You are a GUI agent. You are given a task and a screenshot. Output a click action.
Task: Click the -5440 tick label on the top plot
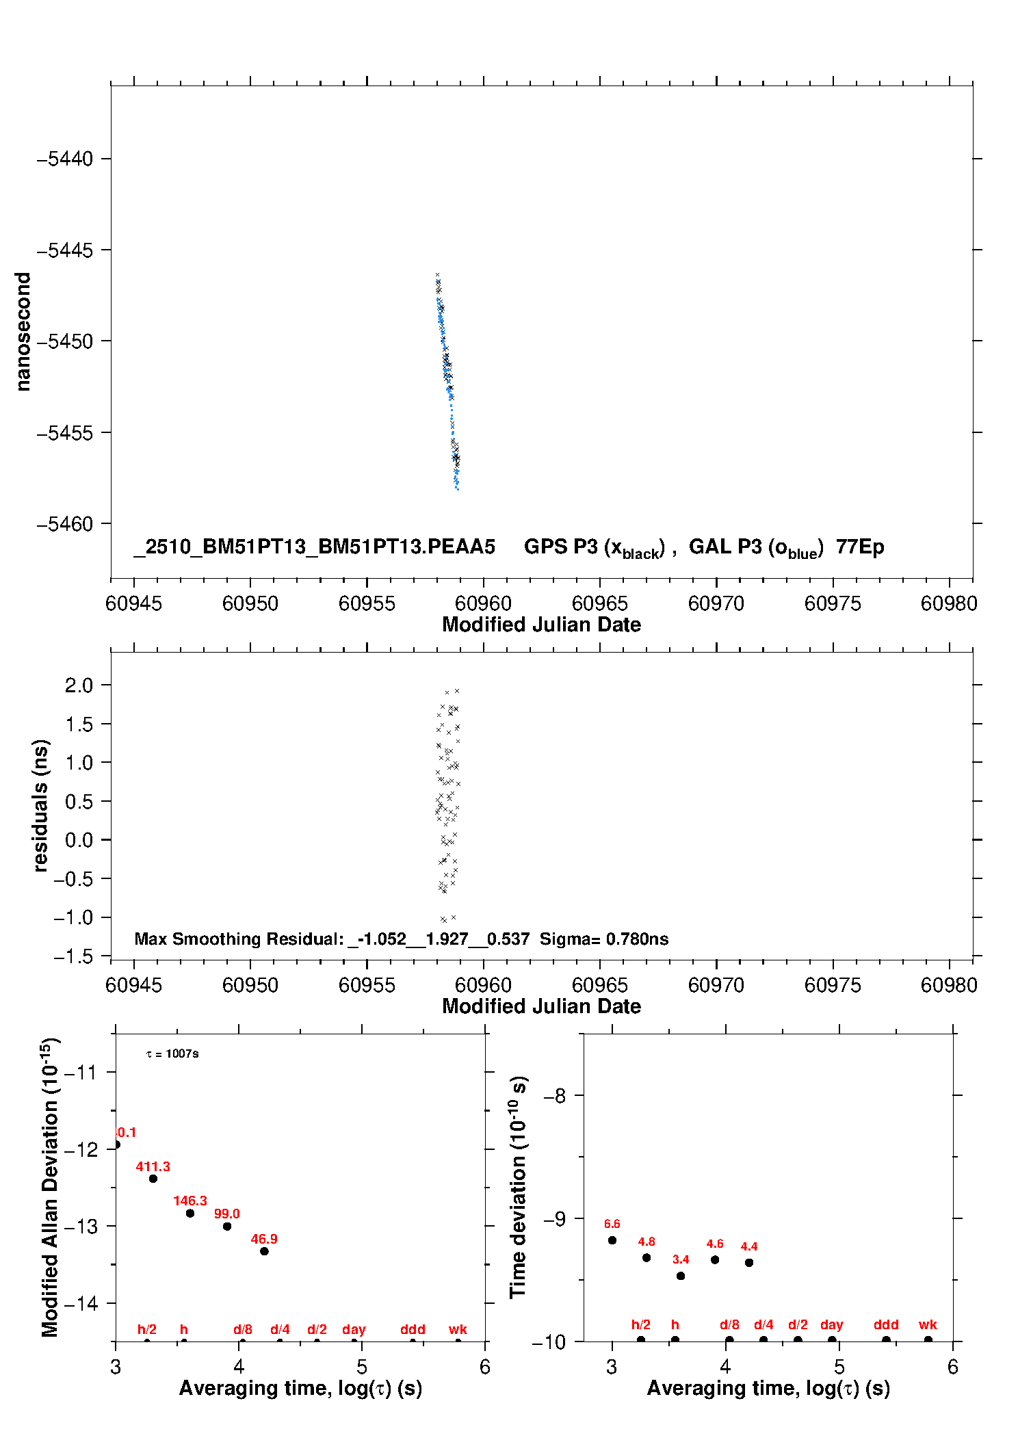[x=65, y=159]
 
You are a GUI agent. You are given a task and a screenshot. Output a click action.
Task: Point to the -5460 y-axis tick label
[x=65, y=524]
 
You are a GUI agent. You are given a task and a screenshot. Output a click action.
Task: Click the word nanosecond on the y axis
[x=23, y=332]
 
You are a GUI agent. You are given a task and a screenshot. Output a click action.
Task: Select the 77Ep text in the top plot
[x=860, y=547]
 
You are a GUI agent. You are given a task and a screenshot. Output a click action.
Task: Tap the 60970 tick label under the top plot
[x=716, y=603]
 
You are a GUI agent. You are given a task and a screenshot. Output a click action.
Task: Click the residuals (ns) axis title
[x=41, y=805]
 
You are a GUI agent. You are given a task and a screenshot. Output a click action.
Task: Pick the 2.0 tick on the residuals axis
[x=79, y=685]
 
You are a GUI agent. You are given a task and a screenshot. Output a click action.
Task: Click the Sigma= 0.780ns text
[x=603, y=939]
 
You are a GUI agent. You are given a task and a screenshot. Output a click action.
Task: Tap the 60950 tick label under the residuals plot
[x=250, y=985]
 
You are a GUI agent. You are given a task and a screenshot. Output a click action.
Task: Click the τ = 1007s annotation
[x=172, y=1053]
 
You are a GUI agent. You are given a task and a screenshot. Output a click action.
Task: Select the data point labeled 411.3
[x=153, y=1179]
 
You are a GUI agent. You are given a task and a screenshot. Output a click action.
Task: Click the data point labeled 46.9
[x=264, y=1251]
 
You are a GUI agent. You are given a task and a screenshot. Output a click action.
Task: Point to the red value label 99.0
[x=226, y=1214]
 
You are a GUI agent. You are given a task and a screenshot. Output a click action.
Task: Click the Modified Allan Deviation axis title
[x=50, y=1188]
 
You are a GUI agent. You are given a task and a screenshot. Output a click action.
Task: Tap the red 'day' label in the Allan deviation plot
[x=354, y=1329]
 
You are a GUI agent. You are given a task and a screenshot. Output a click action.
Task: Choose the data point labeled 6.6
[x=612, y=1240]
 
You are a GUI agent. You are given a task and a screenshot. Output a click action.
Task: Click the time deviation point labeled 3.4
[x=681, y=1276]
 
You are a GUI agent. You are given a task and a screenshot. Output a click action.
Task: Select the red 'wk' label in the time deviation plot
[x=928, y=1324]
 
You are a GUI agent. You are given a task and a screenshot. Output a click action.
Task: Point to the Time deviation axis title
[x=518, y=1188]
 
